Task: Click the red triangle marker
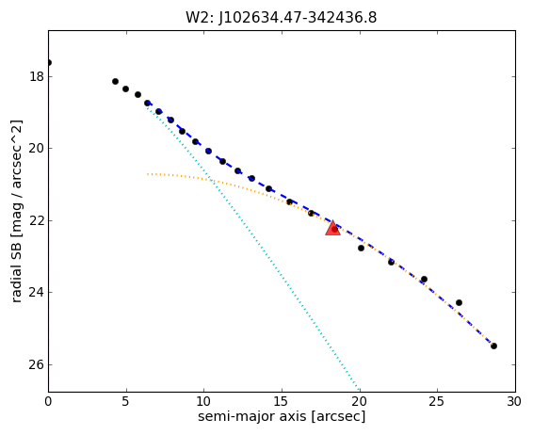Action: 332,228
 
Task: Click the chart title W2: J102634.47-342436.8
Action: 282,18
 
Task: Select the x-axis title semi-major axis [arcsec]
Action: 282,416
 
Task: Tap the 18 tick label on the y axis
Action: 37,77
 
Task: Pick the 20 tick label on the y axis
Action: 37,149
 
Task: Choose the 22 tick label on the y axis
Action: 37,220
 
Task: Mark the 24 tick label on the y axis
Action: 37,292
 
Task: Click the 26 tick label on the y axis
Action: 37,364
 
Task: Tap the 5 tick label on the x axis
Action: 126,402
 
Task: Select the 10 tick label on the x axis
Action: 203,402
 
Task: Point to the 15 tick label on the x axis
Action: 282,402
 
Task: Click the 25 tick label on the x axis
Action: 437,402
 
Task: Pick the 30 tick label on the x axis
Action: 514,402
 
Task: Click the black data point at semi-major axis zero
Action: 49,62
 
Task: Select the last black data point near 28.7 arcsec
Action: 493,346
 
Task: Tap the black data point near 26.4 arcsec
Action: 459,302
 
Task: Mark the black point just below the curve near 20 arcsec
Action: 361,248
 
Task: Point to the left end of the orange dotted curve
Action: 148,174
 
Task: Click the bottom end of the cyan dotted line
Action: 359,389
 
